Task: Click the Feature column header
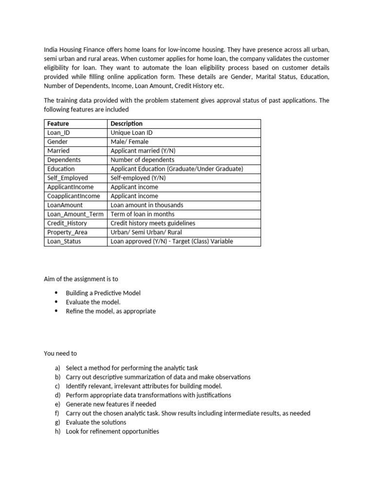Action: (x=58, y=124)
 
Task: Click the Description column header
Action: (x=127, y=124)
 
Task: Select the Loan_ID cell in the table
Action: (x=59, y=132)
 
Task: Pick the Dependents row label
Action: (x=64, y=160)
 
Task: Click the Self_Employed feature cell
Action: (x=68, y=178)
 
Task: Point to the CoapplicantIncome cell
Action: (x=74, y=196)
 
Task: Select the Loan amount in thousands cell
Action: (x=146, y=205)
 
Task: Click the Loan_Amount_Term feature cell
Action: (x=75, y=214)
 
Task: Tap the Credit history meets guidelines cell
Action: (x=153, y=223)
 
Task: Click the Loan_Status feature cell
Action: (x=64, y=241)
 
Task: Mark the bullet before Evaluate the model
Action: (x=56, y=302)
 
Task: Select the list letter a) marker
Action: (x=58, y=368)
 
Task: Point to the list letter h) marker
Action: (x=58, y=431)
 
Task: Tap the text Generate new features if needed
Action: (x=111, y=404)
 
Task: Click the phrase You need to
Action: (x=60, y=354)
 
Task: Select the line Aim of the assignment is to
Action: (x=81, y=279)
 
